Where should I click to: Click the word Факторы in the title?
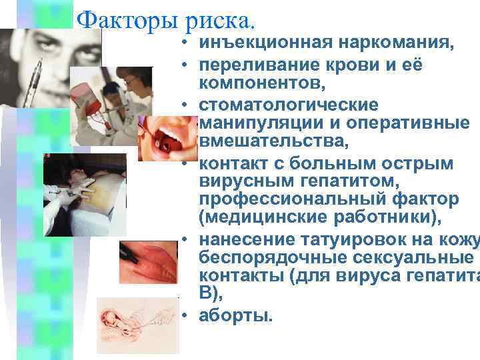coord(125,22)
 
